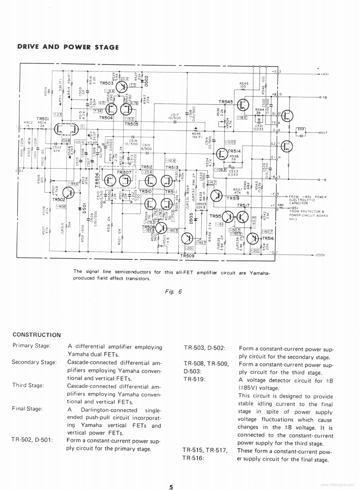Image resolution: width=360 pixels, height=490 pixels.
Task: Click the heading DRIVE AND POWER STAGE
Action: point(68,47)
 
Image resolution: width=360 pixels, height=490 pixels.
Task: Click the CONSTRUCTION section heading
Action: point(37,335)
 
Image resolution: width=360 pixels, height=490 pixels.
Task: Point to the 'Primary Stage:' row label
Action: point(31,346)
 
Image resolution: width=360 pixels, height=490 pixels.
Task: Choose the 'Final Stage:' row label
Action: point(28,409)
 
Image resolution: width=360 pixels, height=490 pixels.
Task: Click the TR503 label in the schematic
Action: point(106,83)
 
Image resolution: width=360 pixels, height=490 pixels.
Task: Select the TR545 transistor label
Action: point(226,101)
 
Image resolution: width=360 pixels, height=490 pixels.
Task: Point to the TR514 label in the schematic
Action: point(234,151)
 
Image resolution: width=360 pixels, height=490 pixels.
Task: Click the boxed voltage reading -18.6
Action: point(242,117)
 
